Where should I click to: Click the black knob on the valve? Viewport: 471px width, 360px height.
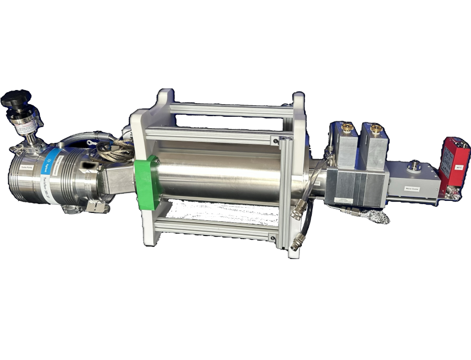pyautogui.click(x=16, y=98)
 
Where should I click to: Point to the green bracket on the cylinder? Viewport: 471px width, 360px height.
pyautogui.click(x=145, y=183)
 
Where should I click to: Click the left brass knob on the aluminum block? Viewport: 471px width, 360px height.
pyautogui.click(x=347, y=127)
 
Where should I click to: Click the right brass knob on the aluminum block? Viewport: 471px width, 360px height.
pyautogui.click(x=376, y=128)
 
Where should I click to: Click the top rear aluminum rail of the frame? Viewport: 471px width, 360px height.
pyautogui.click(x=230, y=109)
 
